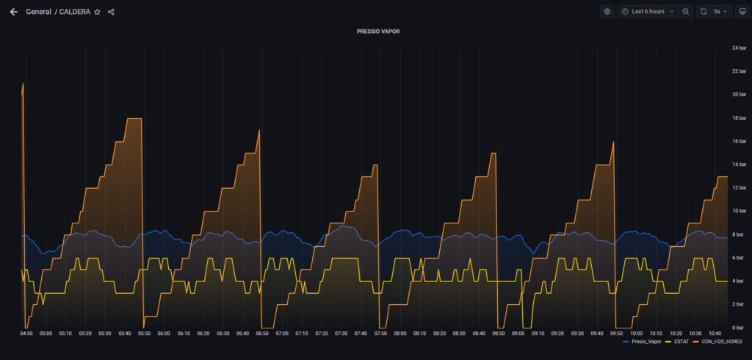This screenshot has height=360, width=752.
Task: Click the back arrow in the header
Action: (13, 12)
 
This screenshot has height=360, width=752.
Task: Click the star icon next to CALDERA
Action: (97, 12)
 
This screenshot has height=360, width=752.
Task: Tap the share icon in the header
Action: (111, 12)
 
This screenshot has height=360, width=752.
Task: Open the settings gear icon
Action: (607, 12)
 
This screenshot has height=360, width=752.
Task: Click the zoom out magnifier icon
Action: (685, 12)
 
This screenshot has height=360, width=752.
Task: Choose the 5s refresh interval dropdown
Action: (715, 12)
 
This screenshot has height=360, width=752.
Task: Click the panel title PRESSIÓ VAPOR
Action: (378, 32)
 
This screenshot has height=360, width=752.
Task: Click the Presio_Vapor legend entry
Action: (646, 342)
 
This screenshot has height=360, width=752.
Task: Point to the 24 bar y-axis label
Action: (739, 48)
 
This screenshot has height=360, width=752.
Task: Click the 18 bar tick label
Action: (739, 118)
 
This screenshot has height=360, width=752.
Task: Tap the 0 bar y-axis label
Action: (737, 328)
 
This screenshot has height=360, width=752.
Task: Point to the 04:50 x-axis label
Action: (26, 334)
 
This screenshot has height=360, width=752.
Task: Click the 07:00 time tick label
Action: (282, 334)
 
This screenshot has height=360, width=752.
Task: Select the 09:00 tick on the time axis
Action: (518, 334)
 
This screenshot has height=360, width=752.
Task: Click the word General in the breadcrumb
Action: (38, 12)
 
